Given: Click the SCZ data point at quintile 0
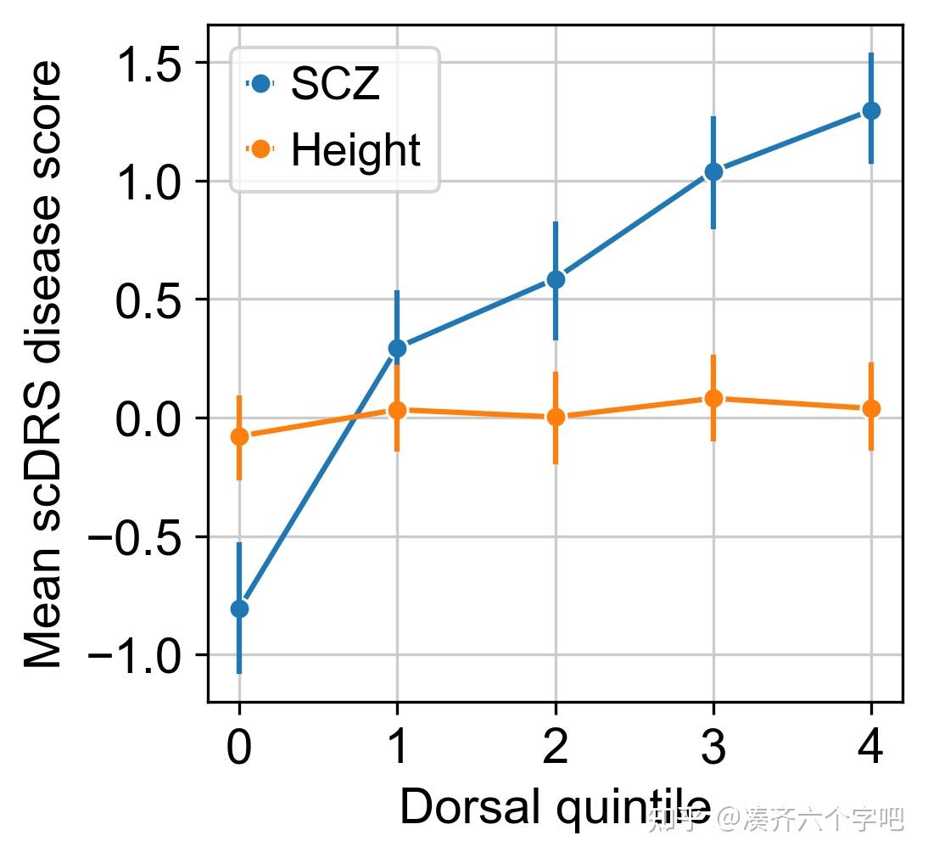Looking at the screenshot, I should point(239,608).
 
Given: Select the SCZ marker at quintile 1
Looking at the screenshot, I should point(397,348).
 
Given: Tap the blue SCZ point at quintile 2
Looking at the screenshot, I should point(556,279).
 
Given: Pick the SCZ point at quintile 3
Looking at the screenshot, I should point(713,171).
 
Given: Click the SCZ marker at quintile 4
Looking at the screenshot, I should point(871,110).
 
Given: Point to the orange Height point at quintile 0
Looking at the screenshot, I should point(239,436).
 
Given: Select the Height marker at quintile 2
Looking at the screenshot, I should point(556,417).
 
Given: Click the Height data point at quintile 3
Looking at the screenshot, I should point(713,398).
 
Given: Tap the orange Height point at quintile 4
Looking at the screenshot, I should point(871,409).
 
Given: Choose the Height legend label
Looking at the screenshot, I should point(355,151).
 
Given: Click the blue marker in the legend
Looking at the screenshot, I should point(260,83).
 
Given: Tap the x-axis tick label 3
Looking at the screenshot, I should point(713,752).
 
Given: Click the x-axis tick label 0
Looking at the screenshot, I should point(239,752).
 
